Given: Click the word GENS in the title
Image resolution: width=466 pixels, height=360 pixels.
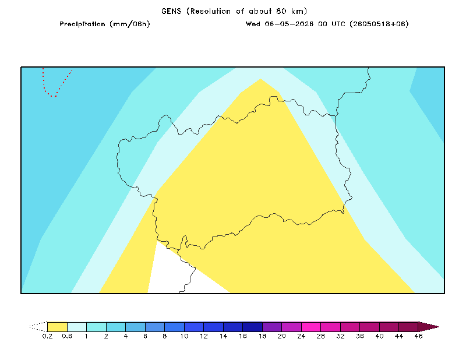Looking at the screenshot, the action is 171,11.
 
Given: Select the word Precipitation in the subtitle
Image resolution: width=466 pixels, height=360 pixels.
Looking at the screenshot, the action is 82,24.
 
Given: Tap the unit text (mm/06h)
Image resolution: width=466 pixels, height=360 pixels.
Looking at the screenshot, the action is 130,24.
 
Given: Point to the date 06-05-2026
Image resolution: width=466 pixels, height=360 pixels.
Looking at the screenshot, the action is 289,24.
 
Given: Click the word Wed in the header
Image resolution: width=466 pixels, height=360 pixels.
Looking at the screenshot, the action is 253,24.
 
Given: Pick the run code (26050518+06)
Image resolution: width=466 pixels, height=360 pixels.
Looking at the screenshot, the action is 379,24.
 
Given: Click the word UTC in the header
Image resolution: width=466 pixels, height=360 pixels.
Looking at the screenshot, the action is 338,24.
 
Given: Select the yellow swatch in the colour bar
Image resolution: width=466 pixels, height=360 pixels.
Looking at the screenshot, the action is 57,327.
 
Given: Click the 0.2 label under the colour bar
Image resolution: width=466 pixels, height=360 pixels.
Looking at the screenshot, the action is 47,336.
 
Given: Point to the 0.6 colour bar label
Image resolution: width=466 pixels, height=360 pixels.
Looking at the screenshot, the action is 67,336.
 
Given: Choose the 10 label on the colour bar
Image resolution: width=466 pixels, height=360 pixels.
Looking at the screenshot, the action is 184,336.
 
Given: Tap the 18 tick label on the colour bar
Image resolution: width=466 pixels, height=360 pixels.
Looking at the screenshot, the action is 263,336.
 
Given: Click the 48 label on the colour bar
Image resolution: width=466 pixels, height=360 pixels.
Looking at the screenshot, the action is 418,336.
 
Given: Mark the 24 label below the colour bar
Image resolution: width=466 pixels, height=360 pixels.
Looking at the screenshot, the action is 301,336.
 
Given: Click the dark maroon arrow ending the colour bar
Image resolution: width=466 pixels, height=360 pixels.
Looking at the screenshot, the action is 428,327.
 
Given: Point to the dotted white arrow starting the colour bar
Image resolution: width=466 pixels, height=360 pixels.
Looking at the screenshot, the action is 38,327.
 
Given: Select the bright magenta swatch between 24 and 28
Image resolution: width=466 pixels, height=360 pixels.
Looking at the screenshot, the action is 311,327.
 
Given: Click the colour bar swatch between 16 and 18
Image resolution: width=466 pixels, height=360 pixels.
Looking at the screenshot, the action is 253,327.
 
